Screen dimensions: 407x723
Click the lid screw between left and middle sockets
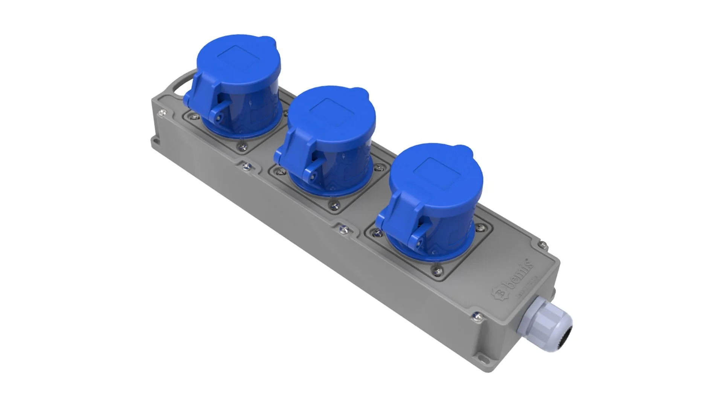click(247, 165)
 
